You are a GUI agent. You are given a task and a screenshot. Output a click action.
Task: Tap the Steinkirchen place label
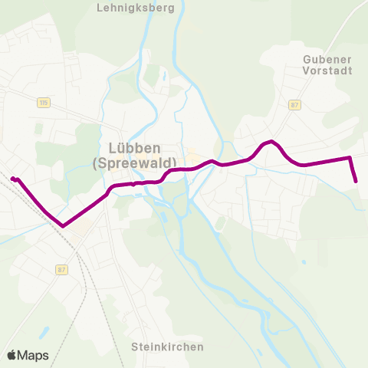tap(167, 347)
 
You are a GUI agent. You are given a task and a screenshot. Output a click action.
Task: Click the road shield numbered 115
tap(43, 102)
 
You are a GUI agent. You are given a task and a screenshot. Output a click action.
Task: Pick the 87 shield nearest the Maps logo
tap(62, 269)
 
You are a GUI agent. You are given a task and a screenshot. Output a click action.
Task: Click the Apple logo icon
tap(12, 356)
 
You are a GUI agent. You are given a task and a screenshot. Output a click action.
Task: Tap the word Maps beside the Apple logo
tap(34, 356)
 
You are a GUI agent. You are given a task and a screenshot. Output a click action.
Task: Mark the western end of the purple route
tap(12, 179)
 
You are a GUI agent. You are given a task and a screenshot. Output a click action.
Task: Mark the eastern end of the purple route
tap(356, 182)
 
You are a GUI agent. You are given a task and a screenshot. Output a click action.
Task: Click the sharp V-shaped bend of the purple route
tap(63, 226)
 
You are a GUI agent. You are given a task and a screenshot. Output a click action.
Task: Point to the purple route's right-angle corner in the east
tap(350, 158)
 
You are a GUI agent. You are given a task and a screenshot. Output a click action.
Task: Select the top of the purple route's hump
tap(271, 142)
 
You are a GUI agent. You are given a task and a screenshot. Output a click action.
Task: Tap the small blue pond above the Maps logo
tap(44, 333)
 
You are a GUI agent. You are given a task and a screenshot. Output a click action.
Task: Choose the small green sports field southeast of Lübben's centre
tap(221, 223)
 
